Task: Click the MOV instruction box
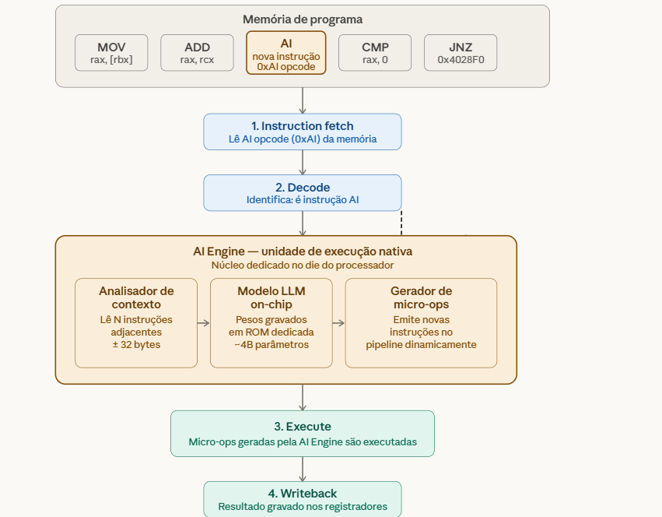[x=111, y=53]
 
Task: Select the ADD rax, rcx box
[x=197, y=53]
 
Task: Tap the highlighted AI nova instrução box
[x=285, y=53]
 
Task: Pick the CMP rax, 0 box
[x=375, y=53]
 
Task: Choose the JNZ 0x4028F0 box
[x=461, y=53]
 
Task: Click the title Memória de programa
[x=303, y=19]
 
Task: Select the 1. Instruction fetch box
[x=303, y=132]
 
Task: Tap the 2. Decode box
[x=303, y=192]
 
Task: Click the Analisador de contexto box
[x=136, y=322]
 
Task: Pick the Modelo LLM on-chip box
[x=271, y=322]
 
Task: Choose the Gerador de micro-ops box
[x=421, y=322]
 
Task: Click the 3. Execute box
[x=303, y=433]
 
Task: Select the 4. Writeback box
[x=303, y=499]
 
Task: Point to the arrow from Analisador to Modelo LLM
[x=204, y=322]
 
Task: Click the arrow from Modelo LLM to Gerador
[x=338, y=322]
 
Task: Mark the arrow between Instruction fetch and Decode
[x=303, y=162]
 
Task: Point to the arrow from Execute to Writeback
[x=303, y=469]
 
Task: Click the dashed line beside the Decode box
[x=401, y=223]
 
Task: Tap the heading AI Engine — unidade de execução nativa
[x=303, y=251]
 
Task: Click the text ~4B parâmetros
[x=271, y=345]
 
